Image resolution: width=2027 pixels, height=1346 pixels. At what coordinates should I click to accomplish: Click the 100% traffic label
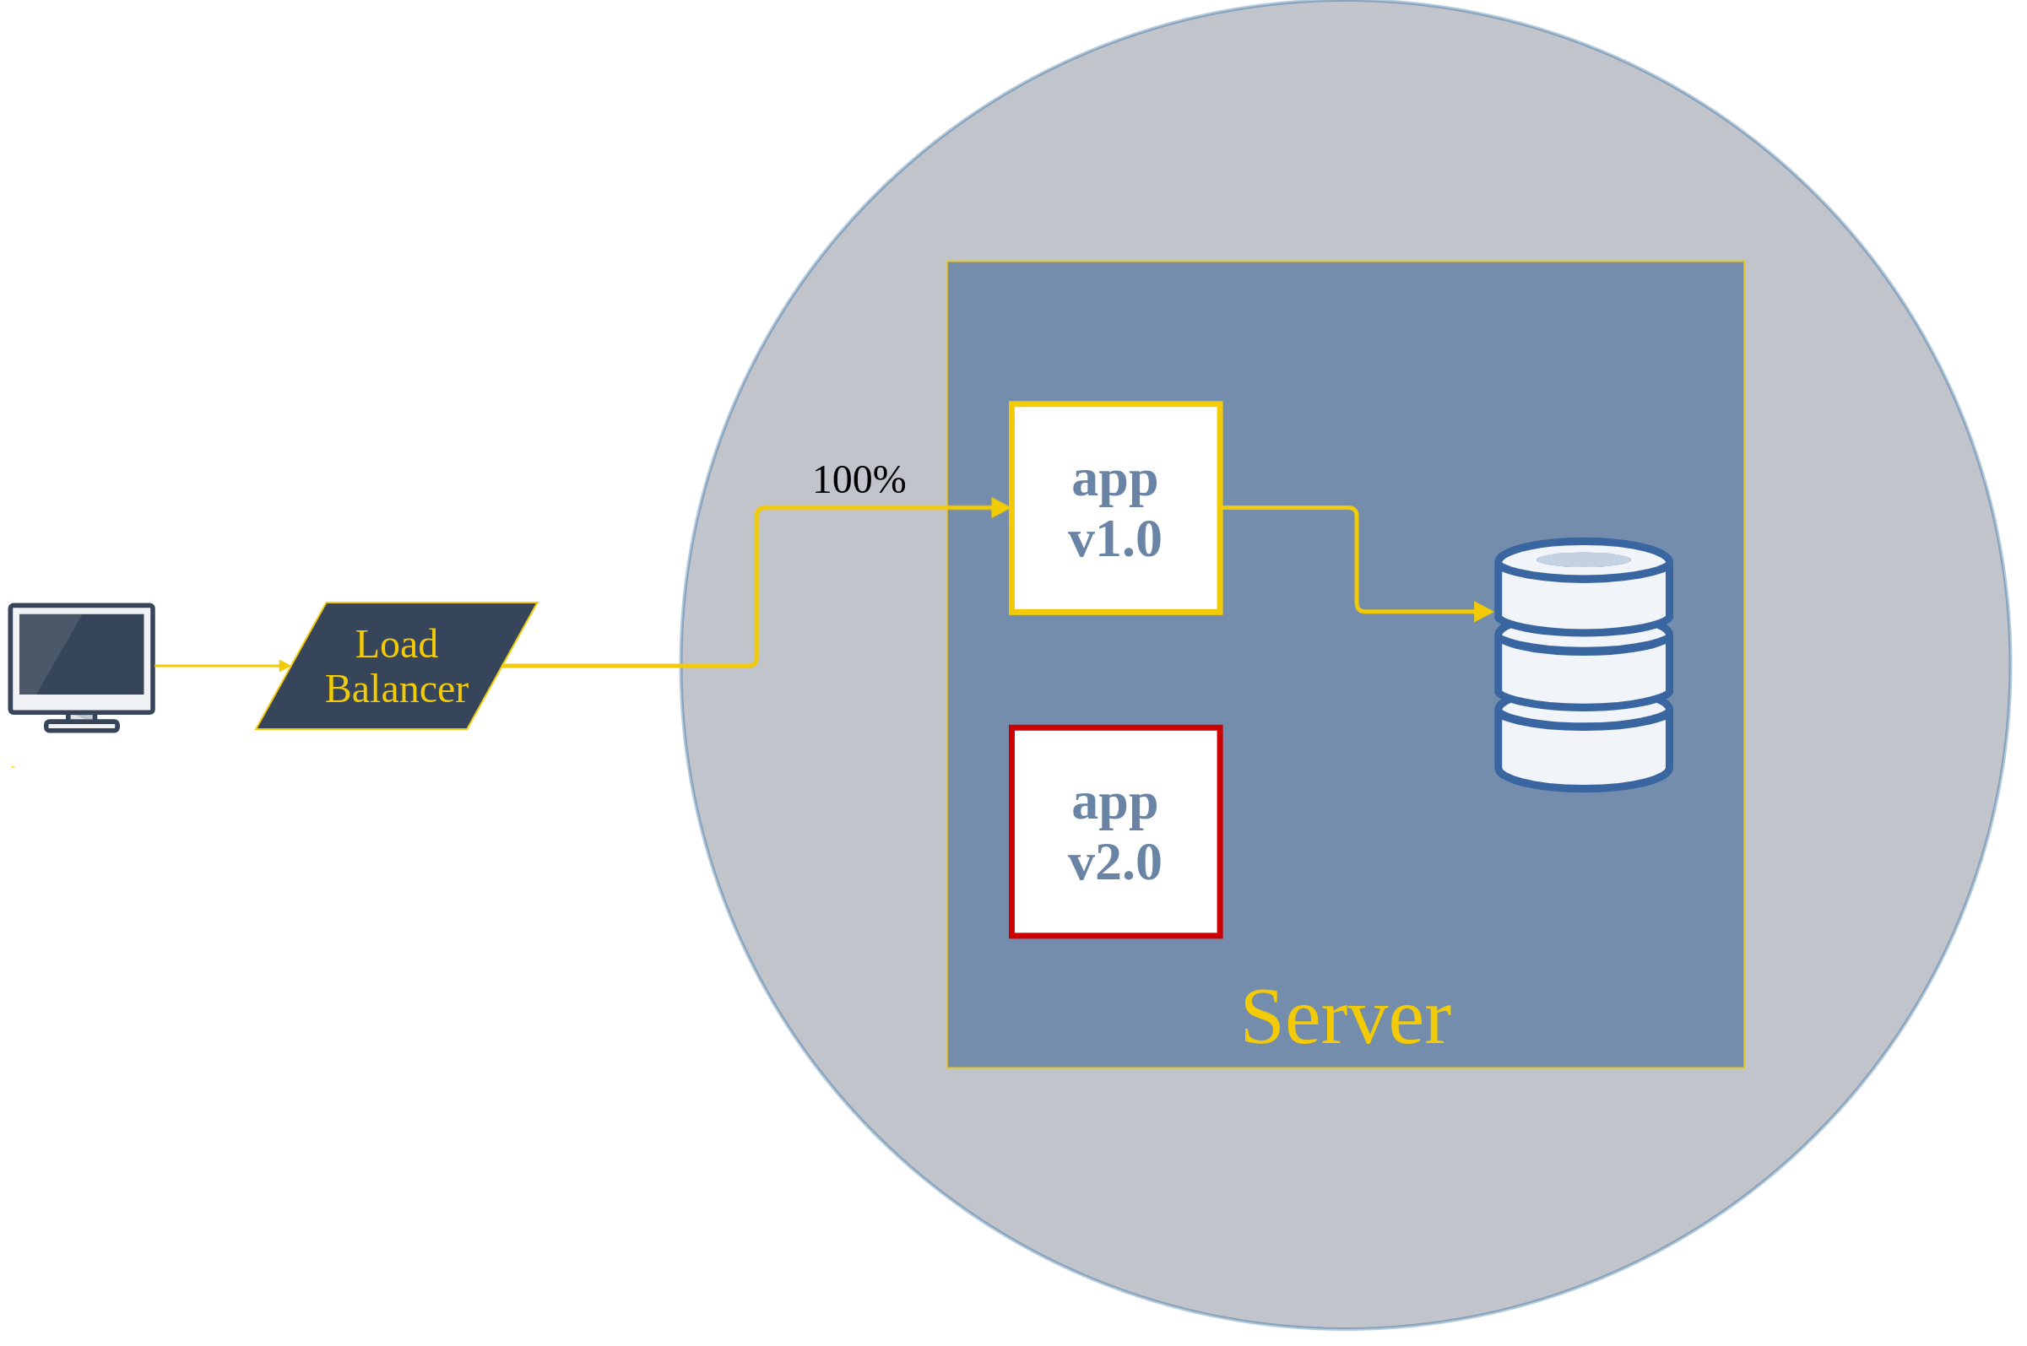tap(859, 480)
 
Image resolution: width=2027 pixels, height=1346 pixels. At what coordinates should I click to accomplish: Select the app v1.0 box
tap(1115, 508)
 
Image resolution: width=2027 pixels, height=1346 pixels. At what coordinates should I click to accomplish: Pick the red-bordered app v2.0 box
tap(1115, 832)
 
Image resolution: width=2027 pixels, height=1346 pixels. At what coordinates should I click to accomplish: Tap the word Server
tap(1346, 1018)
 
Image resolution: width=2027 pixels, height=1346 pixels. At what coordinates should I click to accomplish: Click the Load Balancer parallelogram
tap(397, 666)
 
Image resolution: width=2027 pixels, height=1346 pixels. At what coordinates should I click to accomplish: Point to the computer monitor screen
tap(82, 654)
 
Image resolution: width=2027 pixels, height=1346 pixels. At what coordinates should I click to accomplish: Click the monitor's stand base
tap(82, 727)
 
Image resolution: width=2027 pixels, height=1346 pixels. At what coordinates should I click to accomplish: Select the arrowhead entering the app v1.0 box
tap(1000, 508)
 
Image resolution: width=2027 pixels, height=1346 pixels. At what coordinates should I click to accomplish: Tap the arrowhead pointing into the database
tap(1483, 612)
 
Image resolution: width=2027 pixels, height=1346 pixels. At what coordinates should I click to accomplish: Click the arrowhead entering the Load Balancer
tap(285, 666)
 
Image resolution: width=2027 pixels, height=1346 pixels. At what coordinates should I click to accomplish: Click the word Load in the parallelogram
tap(397, 645)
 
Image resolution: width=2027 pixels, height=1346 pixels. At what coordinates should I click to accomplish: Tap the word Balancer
tap(397, 689)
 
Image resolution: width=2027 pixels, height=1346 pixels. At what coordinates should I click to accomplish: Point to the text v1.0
tap(1114, 539)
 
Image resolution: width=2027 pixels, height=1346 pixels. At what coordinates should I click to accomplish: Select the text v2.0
tap(1114, 862)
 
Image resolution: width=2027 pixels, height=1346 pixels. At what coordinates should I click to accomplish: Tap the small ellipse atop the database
tap(1583, 560)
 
